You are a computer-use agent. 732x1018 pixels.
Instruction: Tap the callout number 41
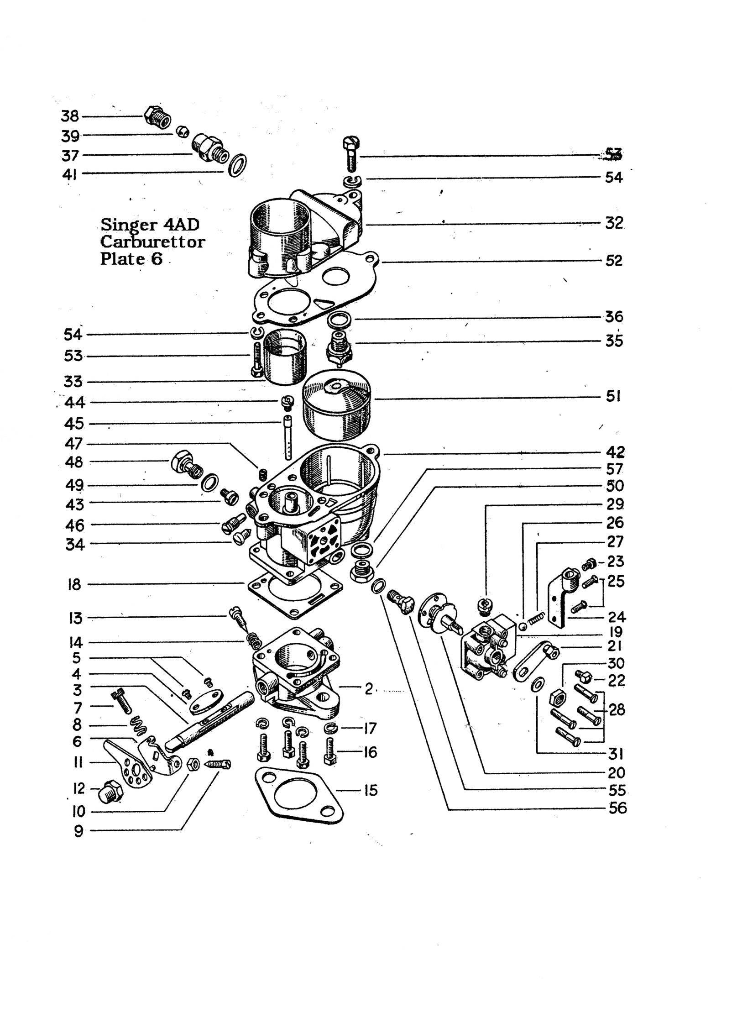[70, 174]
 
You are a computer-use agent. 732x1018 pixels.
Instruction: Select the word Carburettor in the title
[152, 241]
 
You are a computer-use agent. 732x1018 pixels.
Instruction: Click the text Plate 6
[131, 259]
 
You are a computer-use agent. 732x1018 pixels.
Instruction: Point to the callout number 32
[614, 223]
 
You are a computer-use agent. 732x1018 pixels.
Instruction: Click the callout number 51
[613, 396]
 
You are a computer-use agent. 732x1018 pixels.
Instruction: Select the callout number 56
[617, 808]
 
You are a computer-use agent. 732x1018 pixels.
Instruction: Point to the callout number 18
[75, 584]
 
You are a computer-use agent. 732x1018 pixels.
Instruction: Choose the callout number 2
[369, 689]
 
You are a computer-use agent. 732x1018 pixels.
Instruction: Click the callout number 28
[617, 709]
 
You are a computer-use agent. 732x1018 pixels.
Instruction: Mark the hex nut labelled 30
[557, 697]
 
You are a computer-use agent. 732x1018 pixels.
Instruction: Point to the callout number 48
[74, 462]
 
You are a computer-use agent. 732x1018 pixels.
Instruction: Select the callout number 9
[78, 831]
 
